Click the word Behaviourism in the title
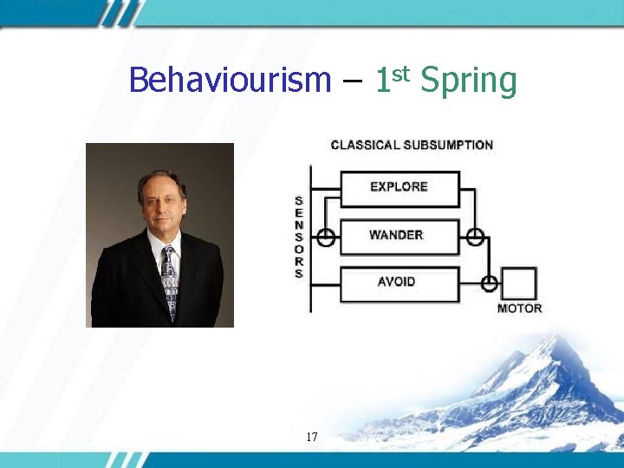[x=230, y=81]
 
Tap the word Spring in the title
[x=468, y=82]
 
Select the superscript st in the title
[x=400, y=71]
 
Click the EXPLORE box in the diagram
[x=399, y=187]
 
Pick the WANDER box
[x=397, y=236]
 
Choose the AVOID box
[x=397, y=283]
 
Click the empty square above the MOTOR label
[x=519, y=283]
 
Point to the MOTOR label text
[x=519, y=309]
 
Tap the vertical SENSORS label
[x=299, y=237]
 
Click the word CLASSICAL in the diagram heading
[x=365, y=145]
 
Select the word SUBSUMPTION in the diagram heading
[x=448, y=145]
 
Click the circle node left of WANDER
[x=326, y=236]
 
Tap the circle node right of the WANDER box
[x=475, y=236]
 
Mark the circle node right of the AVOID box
[x=489, y=283]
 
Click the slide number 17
[x=312, y=438]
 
